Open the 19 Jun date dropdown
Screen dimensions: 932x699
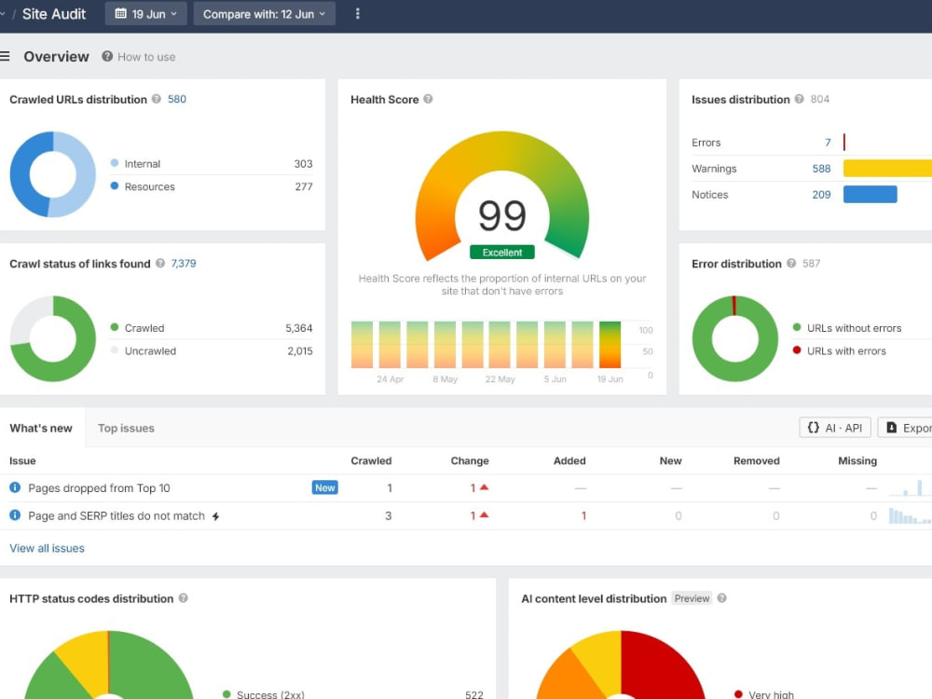[145, 14]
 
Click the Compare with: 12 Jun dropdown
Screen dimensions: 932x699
[265, 14]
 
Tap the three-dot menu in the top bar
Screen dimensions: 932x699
[357, 14]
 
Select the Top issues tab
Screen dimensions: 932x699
[126, 428]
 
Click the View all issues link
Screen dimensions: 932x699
[47, 548]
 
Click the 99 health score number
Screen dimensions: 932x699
[502, 215]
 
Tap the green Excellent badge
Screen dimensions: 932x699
[502, 252]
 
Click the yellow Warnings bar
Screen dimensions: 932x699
[887, 168]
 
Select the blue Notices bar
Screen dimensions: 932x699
[870, 195]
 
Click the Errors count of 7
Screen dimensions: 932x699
[828, 143]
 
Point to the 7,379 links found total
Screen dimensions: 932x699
[184, 264]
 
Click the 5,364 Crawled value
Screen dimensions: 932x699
[299, 328]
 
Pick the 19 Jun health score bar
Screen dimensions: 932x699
[610, 345]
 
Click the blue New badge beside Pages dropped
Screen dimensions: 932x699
[325, 487]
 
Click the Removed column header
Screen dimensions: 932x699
[757, 460]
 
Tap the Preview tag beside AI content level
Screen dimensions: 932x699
[692, 598]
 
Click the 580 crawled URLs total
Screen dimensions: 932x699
[177, 100]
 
